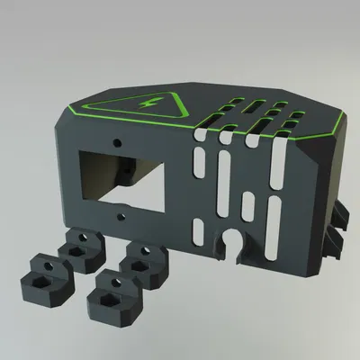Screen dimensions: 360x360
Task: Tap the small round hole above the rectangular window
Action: [x=117, y=142]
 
